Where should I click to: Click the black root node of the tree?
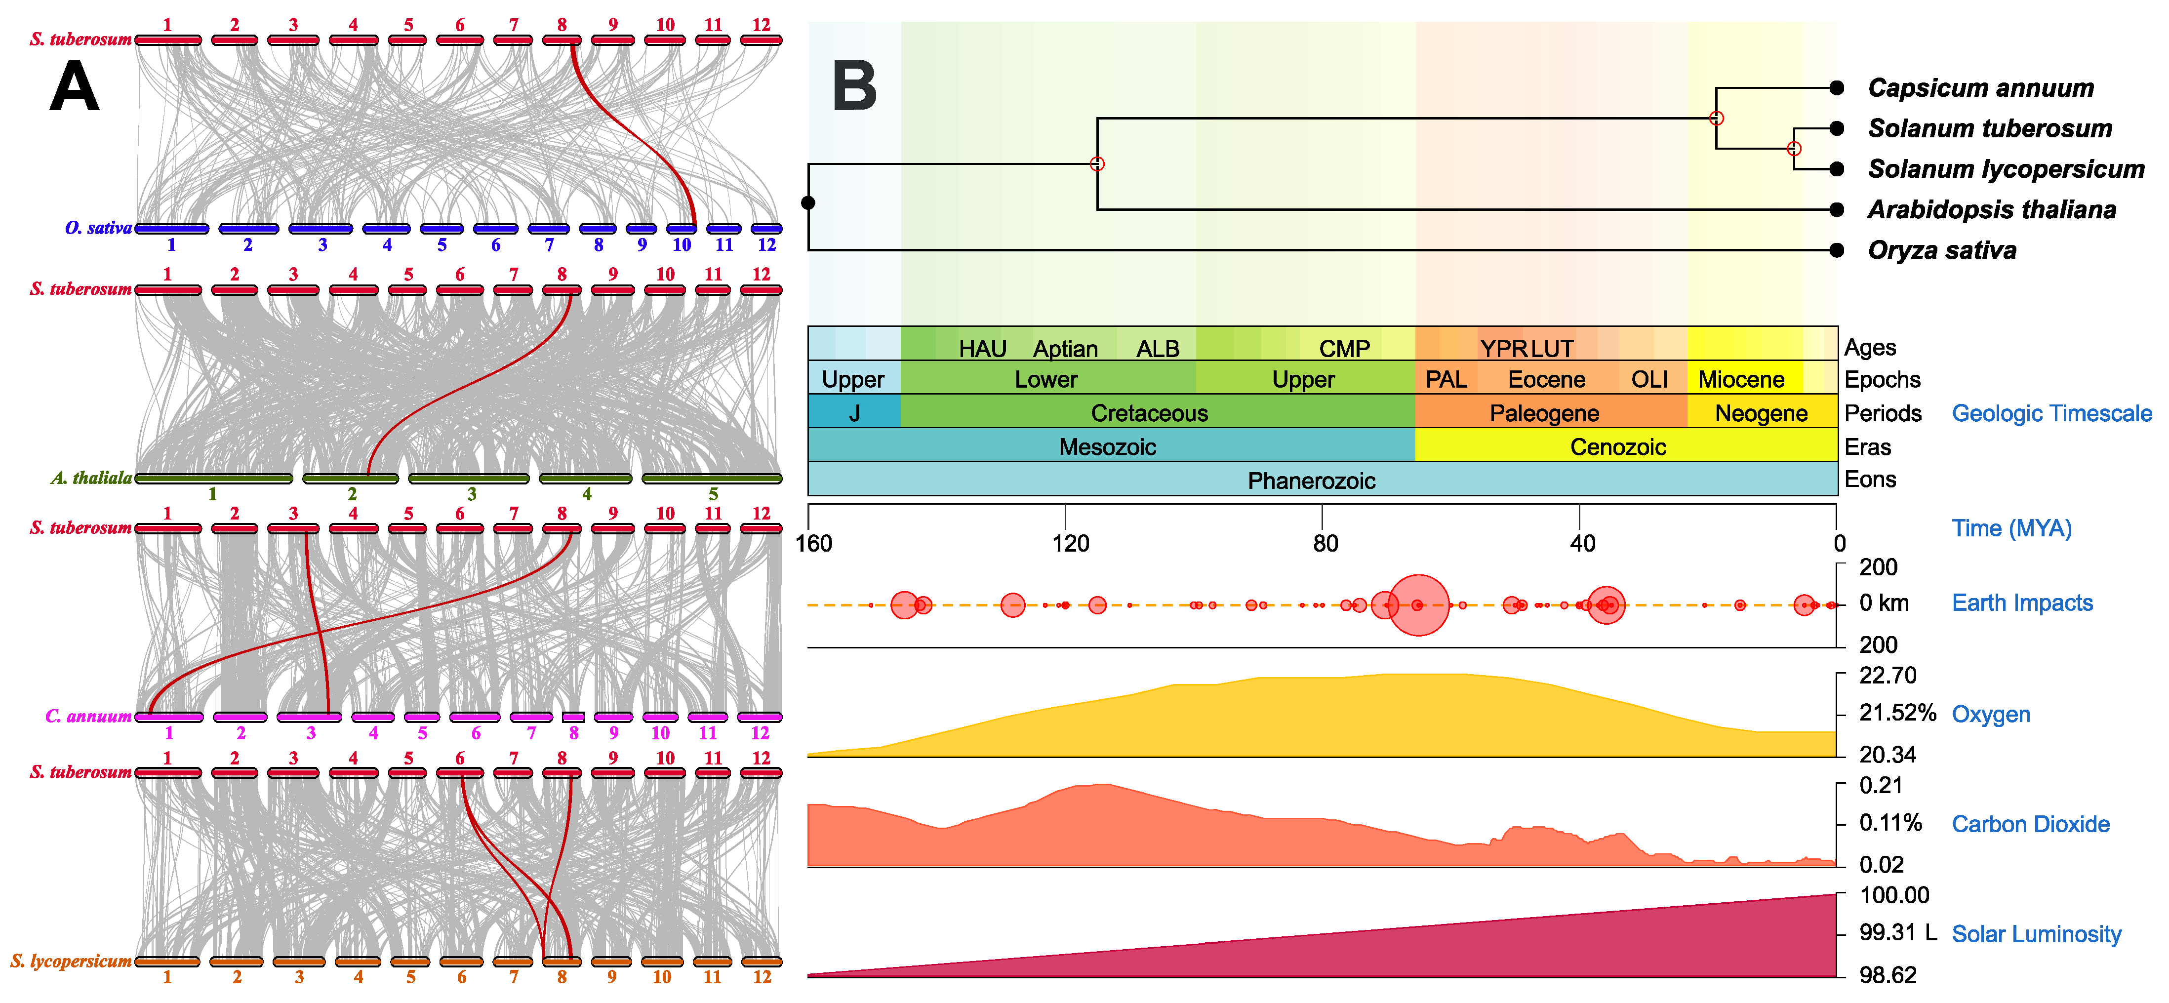[808, 202]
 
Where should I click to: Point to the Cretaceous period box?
[1149, 413]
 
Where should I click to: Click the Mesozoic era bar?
[1107, 446]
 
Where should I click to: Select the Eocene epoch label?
[1546, 380]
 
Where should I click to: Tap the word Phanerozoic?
[1311, 481]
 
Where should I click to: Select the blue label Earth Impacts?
[2022, 603]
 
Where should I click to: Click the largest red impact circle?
[1419, 604]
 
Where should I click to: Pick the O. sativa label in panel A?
[98, 227]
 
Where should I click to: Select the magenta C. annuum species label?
[87, 717]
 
